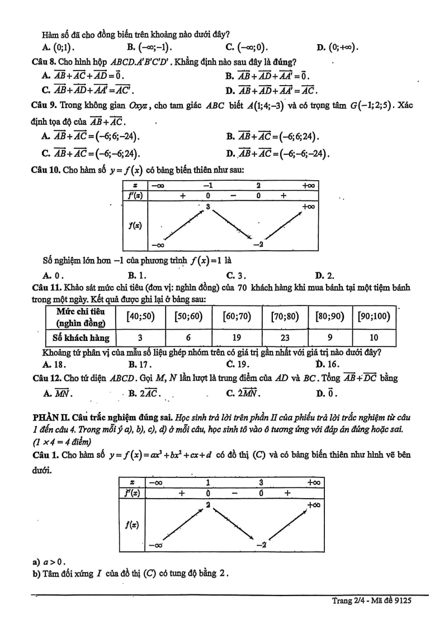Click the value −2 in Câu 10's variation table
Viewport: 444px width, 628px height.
click(258, 244)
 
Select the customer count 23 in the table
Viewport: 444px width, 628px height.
click(285, 338)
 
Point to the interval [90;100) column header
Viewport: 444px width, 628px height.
click(374, 316)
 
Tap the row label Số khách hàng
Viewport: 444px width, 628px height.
click(81, 338)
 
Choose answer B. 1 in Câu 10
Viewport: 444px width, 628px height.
click(137, 275)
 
